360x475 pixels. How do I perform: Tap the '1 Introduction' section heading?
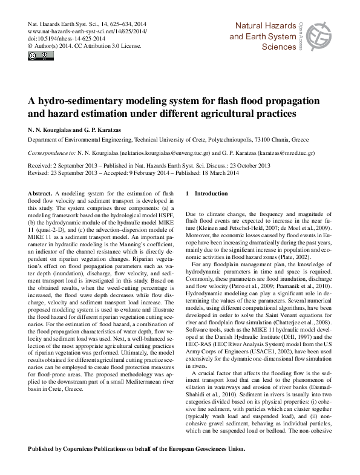click(x=207, y=192)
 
